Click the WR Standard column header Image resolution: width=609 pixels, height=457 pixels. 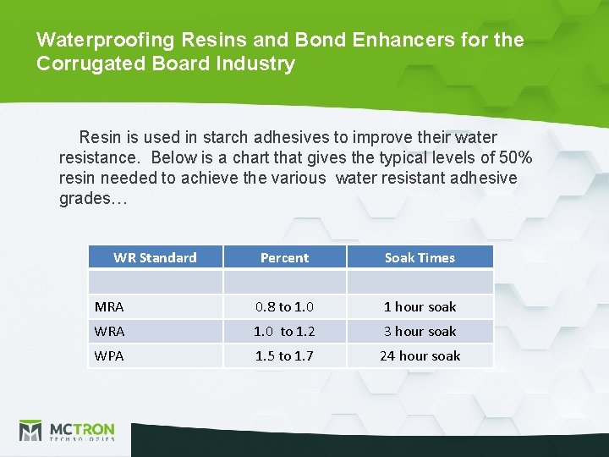[x=155, y=257]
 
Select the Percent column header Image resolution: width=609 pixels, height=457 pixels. [x=284, y=257]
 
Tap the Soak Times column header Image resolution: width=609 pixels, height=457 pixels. [x=420, y=257]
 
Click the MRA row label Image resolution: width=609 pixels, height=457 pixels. [x=109, y=307]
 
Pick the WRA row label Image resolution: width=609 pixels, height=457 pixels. [x=109, y=332]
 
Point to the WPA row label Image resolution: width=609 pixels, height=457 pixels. [x=109, y=356]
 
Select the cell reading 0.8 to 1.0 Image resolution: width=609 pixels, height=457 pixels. [x=284, y=307]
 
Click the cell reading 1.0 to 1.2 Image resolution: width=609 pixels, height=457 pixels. [x=284, y=332]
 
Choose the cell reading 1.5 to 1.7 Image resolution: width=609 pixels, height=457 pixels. [x=284, y=356]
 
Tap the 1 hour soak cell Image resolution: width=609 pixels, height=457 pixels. [x=420, y=307]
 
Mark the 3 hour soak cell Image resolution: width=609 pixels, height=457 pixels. [x=420, y=332]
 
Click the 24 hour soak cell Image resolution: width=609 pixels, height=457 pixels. [x=420, y=356]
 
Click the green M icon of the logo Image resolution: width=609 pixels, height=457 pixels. [x=30, y=431]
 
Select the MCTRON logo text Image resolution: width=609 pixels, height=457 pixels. [x=81, y=428]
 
